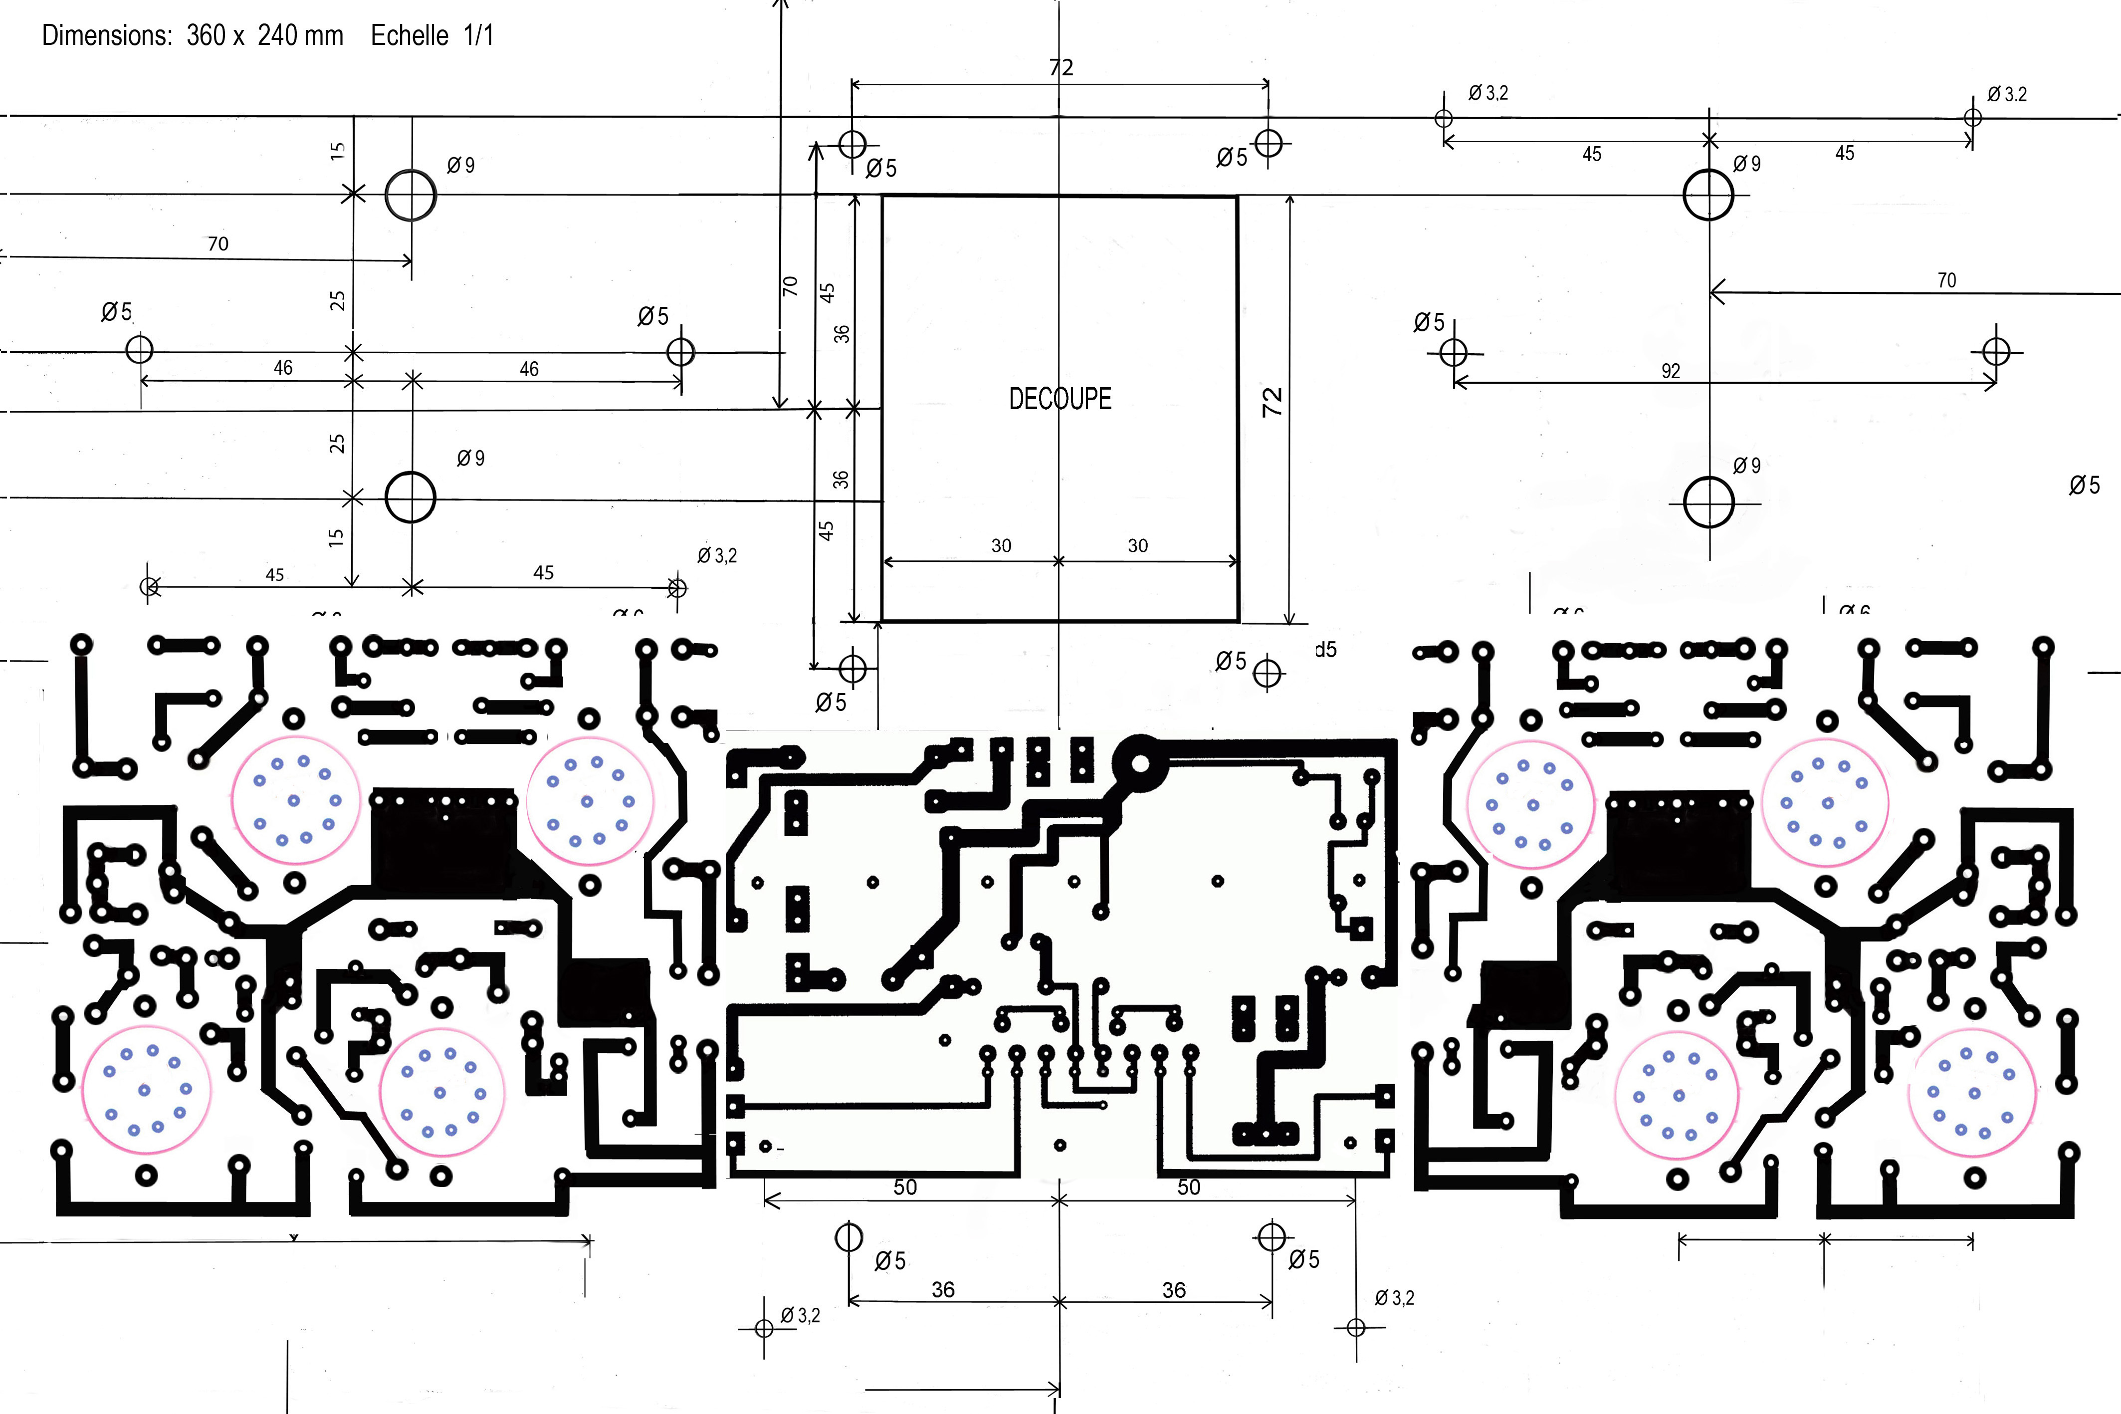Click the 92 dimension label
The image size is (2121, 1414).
pyautogui.click(x=1670, y=371)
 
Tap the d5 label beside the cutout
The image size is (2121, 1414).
pyautogui.click(x=1325, y=649)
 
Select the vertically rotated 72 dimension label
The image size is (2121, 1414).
pyautogui.click(x=1272, y=401)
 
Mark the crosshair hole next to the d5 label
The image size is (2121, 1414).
pyautogui.click(x=1268, y=673)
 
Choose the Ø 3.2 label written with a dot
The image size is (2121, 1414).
pyautogui.click(x=2007, y=94)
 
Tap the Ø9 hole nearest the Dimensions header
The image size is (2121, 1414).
pyautogui.click(x=411, y=195)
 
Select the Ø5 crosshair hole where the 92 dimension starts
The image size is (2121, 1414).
pyautogui.click(x=1453, y=352)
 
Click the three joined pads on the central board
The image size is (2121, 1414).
pyautogui.click(x=1265, y=1134)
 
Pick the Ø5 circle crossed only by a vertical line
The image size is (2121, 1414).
pyautogui.click(x=848, y=1236)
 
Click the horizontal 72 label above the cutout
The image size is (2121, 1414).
pyautogui.click(x=1061, y=68)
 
